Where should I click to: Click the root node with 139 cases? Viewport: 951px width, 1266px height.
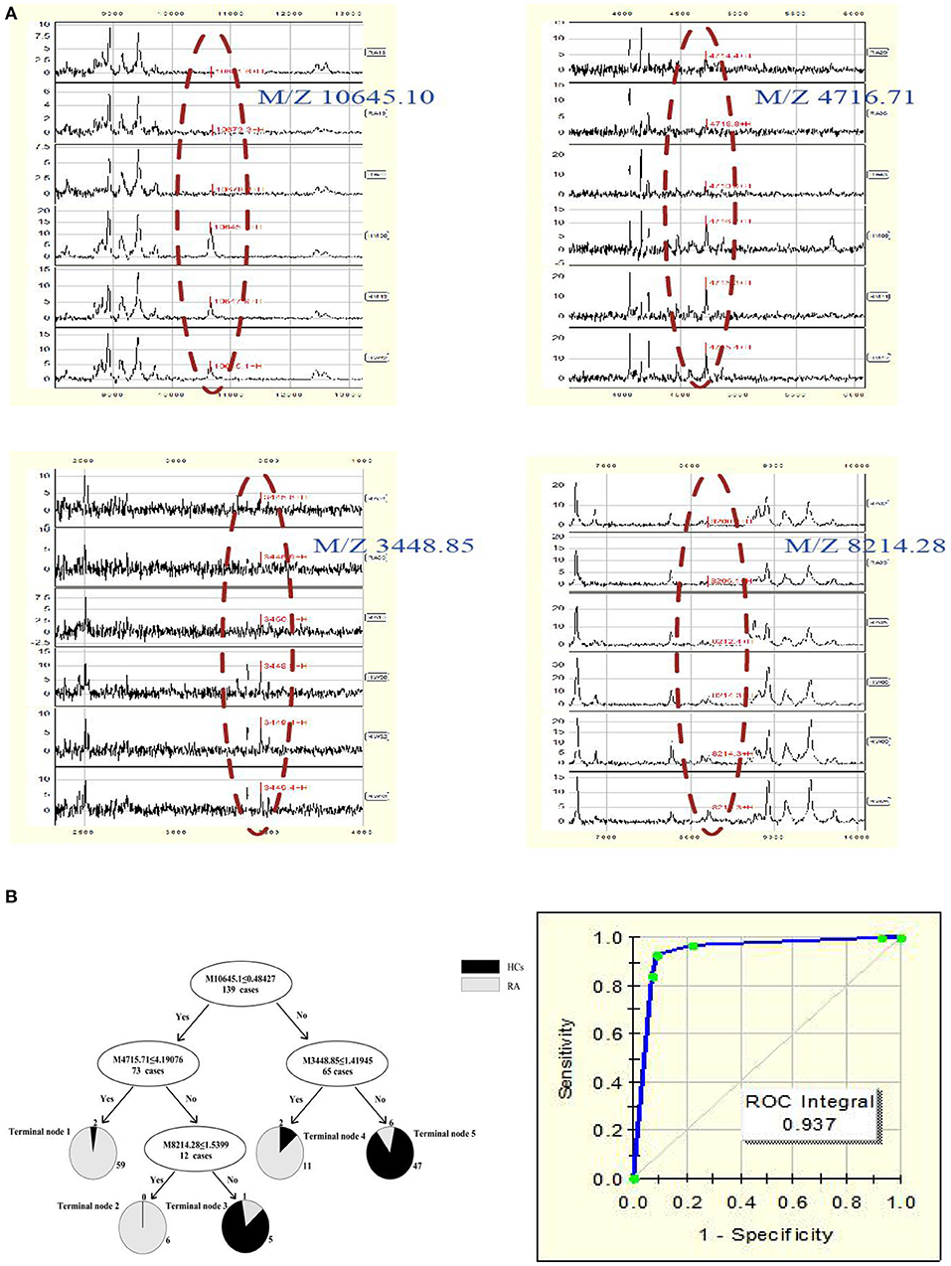(x=240, y=984)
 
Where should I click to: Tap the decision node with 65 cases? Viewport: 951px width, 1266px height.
(x=336, y=1065)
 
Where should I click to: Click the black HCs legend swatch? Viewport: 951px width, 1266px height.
(x=480, y=967)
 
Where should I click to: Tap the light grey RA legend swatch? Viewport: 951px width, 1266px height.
(x=480, y=986)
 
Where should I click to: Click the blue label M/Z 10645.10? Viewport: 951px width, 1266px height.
(x=345, y=97)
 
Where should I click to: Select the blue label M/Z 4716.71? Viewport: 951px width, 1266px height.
(x=834, y=97)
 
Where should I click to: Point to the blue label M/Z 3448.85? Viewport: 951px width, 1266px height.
(x=394, y=546)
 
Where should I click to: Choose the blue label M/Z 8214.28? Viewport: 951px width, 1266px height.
(x=865, y=546)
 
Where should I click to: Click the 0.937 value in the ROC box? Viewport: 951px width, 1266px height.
(x=809, y=1124)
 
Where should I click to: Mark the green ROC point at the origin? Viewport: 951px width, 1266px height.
(x=633, y=1179)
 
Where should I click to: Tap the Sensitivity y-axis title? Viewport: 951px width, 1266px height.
(x=566, y=1057)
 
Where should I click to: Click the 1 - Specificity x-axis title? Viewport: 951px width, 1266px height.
(x=767, y=1234)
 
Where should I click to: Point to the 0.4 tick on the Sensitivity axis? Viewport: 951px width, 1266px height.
(x=607, y=1082)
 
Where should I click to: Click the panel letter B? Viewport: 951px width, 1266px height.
(x=11, y=896)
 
